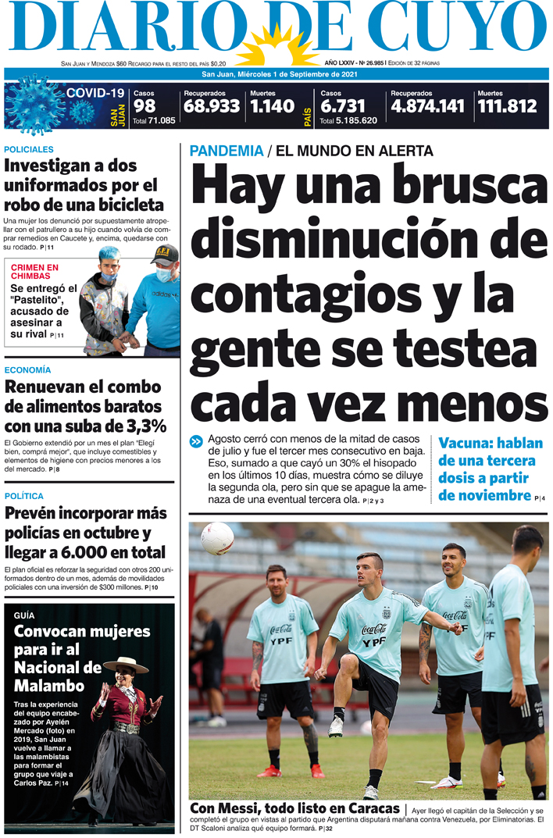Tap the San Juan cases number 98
click(x=144, y=106)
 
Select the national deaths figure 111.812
click(x=507, y=106)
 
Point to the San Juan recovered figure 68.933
click(x=211, y=106)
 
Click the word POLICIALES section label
click(x=29, y=148)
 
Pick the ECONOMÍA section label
click(x=27, y=369)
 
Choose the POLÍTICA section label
click(x=24, y=496)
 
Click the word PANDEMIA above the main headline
click(x=226, y=151)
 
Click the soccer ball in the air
click(x=217, y=537)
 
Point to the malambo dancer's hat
click(x=126, y=665)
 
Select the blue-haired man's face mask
click(x=109, y=276)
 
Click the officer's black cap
click(x=165, y=254)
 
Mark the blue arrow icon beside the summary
click(x=196, y=442)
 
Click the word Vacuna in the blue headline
click(x=466, y=442)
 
